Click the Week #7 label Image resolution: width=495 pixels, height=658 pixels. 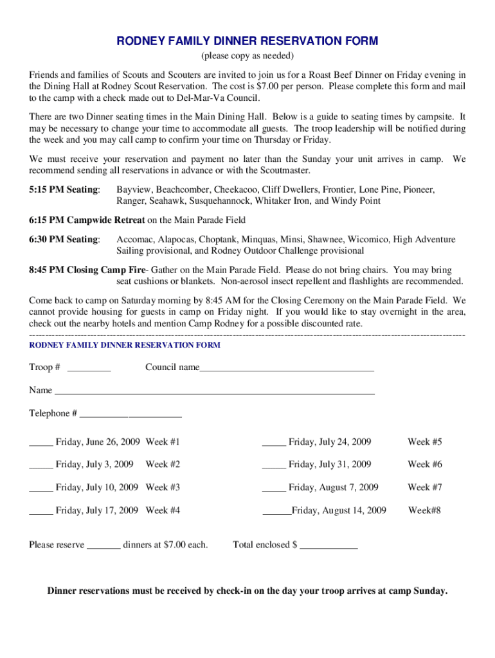424,488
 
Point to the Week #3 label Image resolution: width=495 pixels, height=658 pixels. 163,488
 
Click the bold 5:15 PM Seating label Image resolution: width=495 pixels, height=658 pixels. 64,190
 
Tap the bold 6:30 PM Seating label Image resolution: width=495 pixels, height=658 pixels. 64,240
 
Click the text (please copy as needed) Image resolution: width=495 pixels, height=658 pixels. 248,56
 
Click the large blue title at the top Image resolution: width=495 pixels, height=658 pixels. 248,41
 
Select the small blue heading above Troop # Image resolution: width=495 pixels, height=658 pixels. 125,345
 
